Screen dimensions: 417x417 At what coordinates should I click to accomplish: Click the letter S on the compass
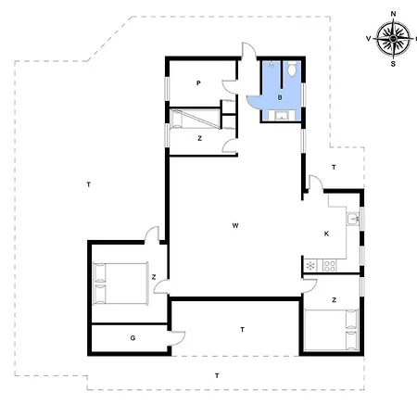pyautogui.click(x=394, y=65)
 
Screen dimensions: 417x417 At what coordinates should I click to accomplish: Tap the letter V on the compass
pyautogui.click(x=370, y=40)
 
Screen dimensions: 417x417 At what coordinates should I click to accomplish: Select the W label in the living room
pyautogui.click(x=236, y=225)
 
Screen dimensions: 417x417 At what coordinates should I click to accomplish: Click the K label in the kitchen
pyautogui.click(x=326, y=234)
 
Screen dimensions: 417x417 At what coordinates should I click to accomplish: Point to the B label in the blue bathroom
pyautogui.click(x=279, y=96)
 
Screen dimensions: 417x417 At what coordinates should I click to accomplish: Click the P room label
pyautogui.click(x=198, y=83)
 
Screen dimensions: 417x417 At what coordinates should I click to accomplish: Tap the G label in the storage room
pyautogui.click(x=133, y=338)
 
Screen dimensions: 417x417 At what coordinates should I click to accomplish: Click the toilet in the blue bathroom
pyautogui.click(x=292, y=69)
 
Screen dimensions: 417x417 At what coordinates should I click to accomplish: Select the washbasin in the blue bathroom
pyautogui.click(x=282, y=116)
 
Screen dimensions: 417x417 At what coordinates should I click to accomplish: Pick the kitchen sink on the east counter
pyautogui.click(x=353, y=220)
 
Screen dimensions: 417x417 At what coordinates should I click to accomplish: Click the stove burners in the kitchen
pyautogui.click(x=327, y=266)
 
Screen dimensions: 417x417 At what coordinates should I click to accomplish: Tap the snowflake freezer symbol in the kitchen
pyautogui.click(x=310, y=266)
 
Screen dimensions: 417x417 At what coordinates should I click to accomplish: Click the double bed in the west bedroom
pyautogui.click(x=121, y=283)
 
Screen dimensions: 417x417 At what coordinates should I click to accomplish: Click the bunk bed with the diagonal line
pyautogui.click(x=195, y=118)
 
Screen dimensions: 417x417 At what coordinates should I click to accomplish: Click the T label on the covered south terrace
pyautogui.click(x=242, y=330)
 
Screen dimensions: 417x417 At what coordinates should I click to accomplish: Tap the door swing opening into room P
pyautogui.click(x=227, y=88)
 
